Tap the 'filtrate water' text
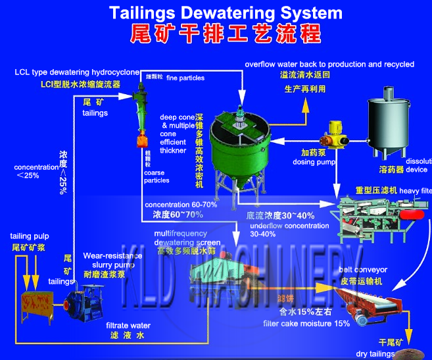pyautogui.click(x=128, y=325)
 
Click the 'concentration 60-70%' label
pyautogui.click(x=181, y=205)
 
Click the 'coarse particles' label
pyautogui.click(x=156, y=176)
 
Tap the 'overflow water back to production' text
pyautogui.click(x=329, y=64)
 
